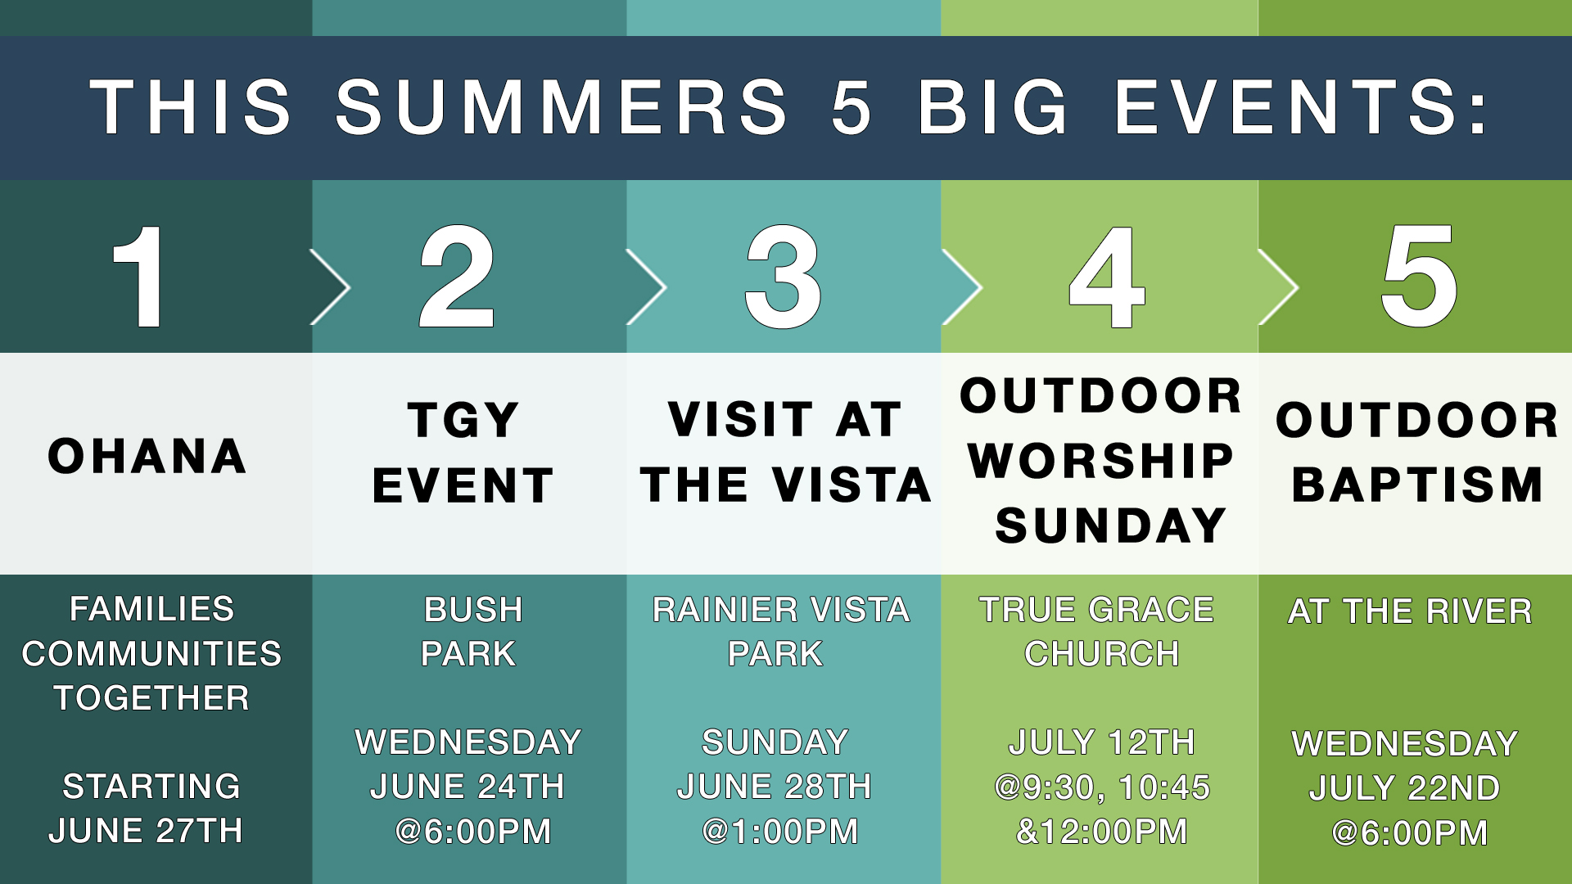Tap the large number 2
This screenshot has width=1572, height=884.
tap(457, 277)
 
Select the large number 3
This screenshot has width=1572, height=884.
tap(783, 277)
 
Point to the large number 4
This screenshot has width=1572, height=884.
tap(1106, 277)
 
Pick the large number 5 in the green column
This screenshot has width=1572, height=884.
tap(1419, 277)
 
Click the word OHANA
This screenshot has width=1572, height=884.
tap(147, 456)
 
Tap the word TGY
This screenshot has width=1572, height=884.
tap(463, 420)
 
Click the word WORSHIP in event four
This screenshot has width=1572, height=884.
tap(1101, 461)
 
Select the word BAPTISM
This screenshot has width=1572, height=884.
tap(1417, 485)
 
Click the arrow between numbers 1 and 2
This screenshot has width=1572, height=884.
tap(332, 286)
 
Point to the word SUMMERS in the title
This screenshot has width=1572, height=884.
tap(562, 107)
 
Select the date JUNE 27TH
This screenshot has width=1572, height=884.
tap(146, 831)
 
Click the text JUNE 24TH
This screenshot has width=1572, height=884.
tap(468, 787)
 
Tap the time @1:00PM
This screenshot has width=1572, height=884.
tap(780, 832)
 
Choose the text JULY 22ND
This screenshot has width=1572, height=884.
tap(1405, 788)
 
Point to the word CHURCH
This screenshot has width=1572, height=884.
tap(1102, 654)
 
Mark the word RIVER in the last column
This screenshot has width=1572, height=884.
tap(1479, 611)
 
